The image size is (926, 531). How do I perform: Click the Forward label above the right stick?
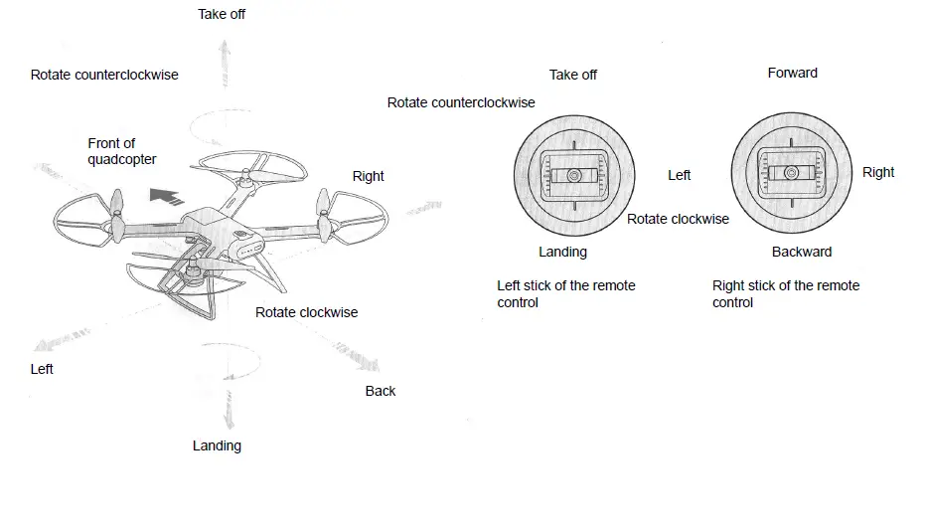tap(792, 73)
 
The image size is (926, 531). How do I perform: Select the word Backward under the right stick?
tap(802, 252)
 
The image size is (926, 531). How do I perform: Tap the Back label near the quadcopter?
tap(380, 391)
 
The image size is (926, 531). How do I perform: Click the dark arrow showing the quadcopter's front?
tap(166, 194)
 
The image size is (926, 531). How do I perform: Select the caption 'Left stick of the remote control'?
tap(565, 293)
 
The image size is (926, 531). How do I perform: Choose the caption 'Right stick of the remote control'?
tap(785, 293)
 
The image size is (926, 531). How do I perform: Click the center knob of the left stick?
tap(573, 175)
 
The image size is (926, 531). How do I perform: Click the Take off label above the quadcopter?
tap(222, 14)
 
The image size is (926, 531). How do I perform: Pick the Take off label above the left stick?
tap(573, 75)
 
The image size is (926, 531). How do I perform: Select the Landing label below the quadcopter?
tap(217, 445)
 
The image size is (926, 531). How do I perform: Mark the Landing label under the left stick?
tap(562, 252)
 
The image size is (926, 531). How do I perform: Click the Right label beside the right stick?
tap(878, 172)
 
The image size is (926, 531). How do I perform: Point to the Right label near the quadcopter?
tap(368, 176)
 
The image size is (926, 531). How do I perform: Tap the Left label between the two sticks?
tap(679, 175)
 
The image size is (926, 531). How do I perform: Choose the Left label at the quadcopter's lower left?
tap(42, 369)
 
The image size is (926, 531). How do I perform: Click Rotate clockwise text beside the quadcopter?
tap(306, 312)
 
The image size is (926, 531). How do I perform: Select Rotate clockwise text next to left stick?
tap(678, 219)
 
